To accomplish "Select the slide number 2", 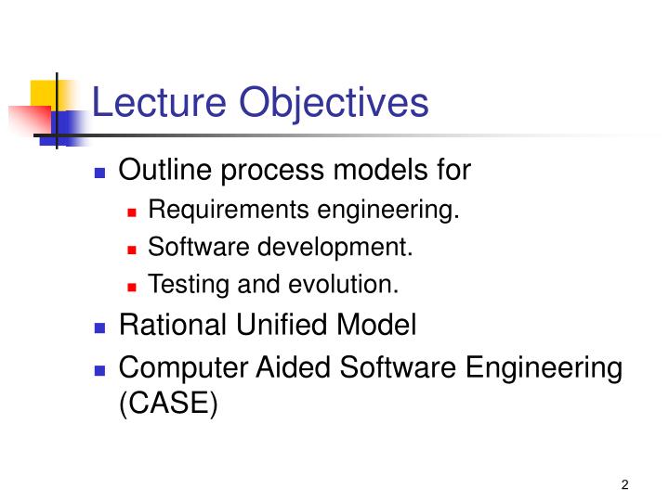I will [625, 484].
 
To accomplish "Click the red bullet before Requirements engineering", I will [132, 213].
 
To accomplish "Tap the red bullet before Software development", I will [132, 250].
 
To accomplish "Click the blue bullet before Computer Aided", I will [101, 370].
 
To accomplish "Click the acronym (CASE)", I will [169, 406].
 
